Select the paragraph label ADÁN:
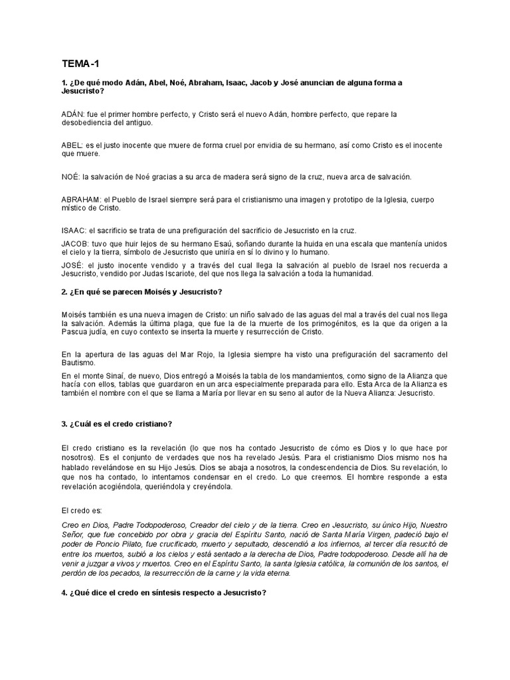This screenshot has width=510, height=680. pos(70,114)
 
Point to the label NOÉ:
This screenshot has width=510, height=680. pos(68,177)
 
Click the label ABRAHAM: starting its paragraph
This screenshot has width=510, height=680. pos(80,199)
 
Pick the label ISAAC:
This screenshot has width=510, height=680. pos(71,230)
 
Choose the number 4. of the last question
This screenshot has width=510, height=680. pos(64,592)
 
